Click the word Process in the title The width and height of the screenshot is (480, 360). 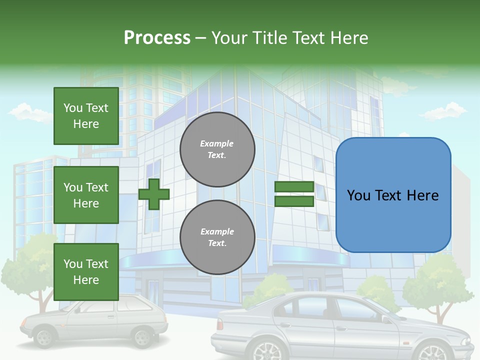coord(157,38)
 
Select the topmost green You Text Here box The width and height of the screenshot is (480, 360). coord(86,116)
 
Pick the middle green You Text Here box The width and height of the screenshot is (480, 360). coord(86,195)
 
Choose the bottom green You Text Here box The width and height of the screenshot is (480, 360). coord(86,271)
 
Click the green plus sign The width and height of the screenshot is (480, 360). coord(154,194)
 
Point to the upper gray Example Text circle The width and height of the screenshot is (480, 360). coord(217,149)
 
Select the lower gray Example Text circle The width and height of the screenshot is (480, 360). coord(217,237)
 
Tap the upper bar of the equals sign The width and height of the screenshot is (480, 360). coord(294,187)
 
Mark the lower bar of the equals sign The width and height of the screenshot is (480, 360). coord(294,201)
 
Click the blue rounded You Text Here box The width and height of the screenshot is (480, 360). coord(393,195)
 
